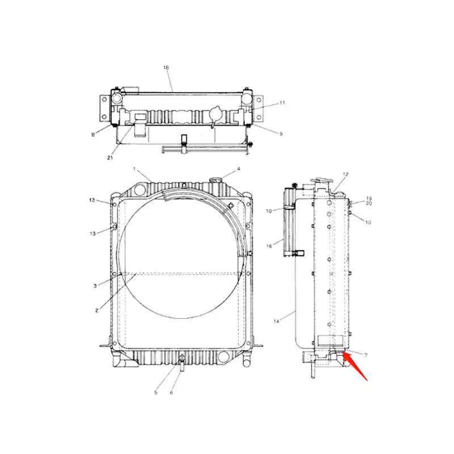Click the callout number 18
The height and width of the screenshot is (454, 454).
click(x=166, y=68)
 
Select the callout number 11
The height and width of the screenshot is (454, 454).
click(x=282, y=103)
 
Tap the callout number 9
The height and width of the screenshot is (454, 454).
click(x=280, y=133)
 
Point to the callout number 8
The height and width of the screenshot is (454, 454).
click(x=93, y=134)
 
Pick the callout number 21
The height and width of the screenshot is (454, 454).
click(x=110, y=157)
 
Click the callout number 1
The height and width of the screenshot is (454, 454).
click(x=134, y=169)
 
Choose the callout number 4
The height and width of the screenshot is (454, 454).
click(x=238, y=169)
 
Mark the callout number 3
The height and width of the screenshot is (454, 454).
click(x=95, y=286)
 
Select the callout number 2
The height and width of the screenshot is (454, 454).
click(x=97, y=310)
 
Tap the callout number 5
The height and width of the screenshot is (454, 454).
click(x=156, y=392)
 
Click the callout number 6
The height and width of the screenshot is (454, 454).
click(x=172, y=392)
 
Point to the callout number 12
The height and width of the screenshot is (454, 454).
click(x=345, y=174)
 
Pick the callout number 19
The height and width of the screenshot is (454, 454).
click(x=368, y=198)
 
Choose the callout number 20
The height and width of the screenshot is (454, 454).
click(x=368, y=203)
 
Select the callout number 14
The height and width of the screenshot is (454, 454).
click(x=276, y=322)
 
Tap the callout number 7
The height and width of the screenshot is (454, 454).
click(x=365, y=355)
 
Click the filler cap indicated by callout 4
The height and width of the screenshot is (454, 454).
click(x=216, y=179)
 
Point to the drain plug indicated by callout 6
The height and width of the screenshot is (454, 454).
click(x=182, y=366)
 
